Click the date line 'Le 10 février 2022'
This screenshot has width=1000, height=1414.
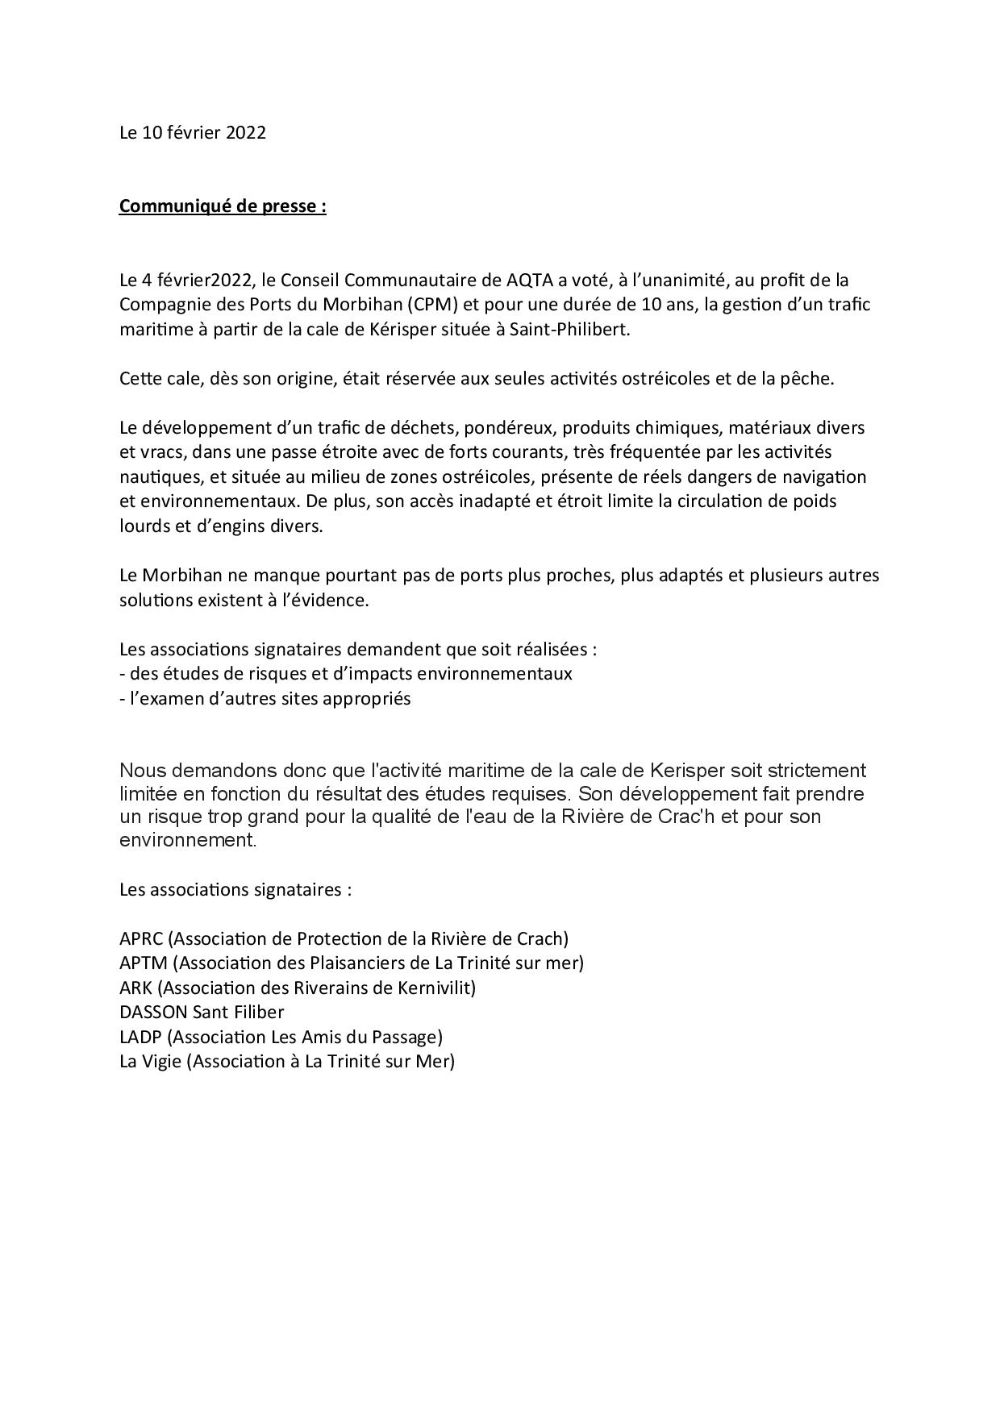tap(192, 133)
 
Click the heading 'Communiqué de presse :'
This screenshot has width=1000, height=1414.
tap(223, 206)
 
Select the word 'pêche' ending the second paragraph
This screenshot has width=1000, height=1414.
tap(807, 379)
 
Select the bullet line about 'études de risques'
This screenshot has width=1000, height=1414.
tap(345, 674)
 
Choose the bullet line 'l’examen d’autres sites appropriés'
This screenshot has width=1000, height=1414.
tap(265, 699)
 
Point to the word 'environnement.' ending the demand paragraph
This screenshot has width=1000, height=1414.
tap(187, 839)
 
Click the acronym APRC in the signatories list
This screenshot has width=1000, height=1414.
tap(141, 939)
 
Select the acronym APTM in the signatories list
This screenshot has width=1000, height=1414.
tap(143, 963)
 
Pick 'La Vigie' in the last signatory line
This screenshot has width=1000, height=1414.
tap(150, 1062)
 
